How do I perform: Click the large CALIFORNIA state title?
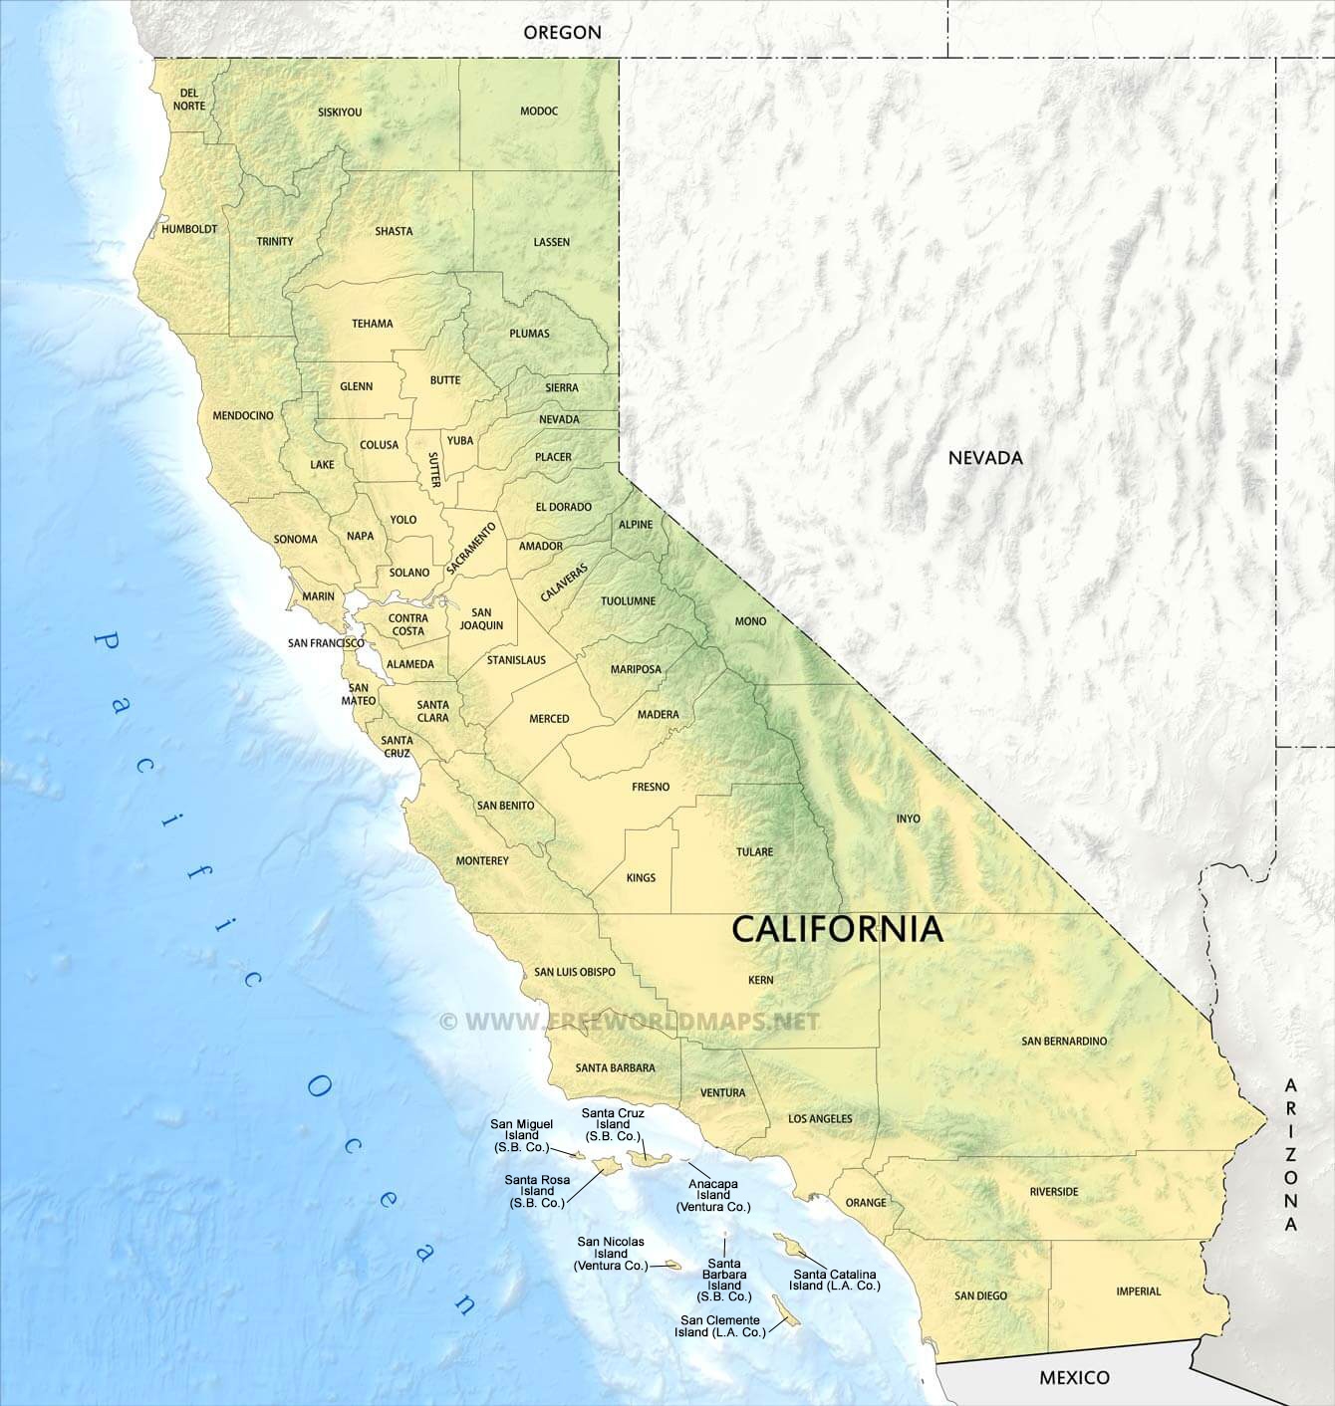click(837, 929)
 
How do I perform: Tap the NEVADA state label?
click(985, 458)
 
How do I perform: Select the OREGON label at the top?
click(562, 32)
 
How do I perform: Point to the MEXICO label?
click(1074, 1378)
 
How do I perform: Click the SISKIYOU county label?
click(340, 113)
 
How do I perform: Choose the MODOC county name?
click(539, 112)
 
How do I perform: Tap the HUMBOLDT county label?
click(189, 229)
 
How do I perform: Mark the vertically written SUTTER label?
click(433, 469)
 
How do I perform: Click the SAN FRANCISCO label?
click(326, 643)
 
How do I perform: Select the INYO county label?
click(908, 819)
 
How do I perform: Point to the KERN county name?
click(760, 980)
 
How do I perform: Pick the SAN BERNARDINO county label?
click(1064, 1041)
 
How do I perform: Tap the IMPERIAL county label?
click(1139, 1291)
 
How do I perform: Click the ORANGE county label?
click(866, 1203)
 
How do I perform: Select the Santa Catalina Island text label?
click(837, 1280)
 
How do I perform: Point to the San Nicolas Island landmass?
click(672, 1267)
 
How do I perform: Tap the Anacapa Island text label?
click(713, 1195)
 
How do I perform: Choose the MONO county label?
click(750, 621)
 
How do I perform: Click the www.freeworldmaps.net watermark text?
click(630, 1021)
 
